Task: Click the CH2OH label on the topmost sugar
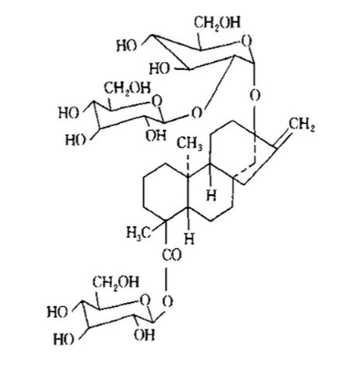[217, 23]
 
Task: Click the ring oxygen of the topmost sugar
[246, 42]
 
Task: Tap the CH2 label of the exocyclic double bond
[302, 125]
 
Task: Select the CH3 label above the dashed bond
[190, 144]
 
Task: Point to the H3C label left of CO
[138, 232]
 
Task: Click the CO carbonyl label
[172, 255]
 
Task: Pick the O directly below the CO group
[168, 302]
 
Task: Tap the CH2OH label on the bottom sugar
[116, 282]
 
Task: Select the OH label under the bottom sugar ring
[144, 335]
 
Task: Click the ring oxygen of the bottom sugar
[145, 301]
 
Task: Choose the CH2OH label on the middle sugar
[128, 89]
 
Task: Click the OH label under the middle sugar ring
[156, 135]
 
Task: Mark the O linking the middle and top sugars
[197, 113]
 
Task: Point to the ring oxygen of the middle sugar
[156, 101]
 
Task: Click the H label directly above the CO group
[190, 239]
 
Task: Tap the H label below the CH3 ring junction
[211, 195]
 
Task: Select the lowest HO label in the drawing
[64, 339]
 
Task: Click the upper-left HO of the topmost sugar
[127, 46]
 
